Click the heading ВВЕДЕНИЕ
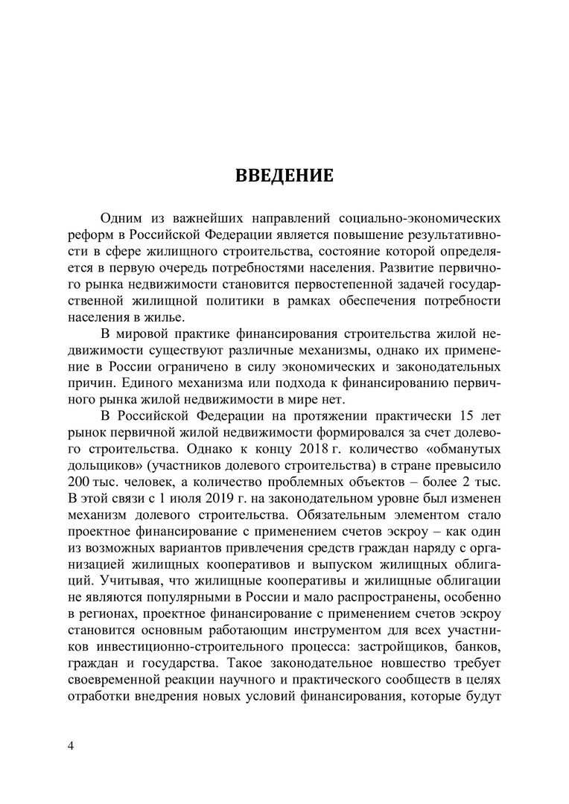[x=284, y=176]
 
